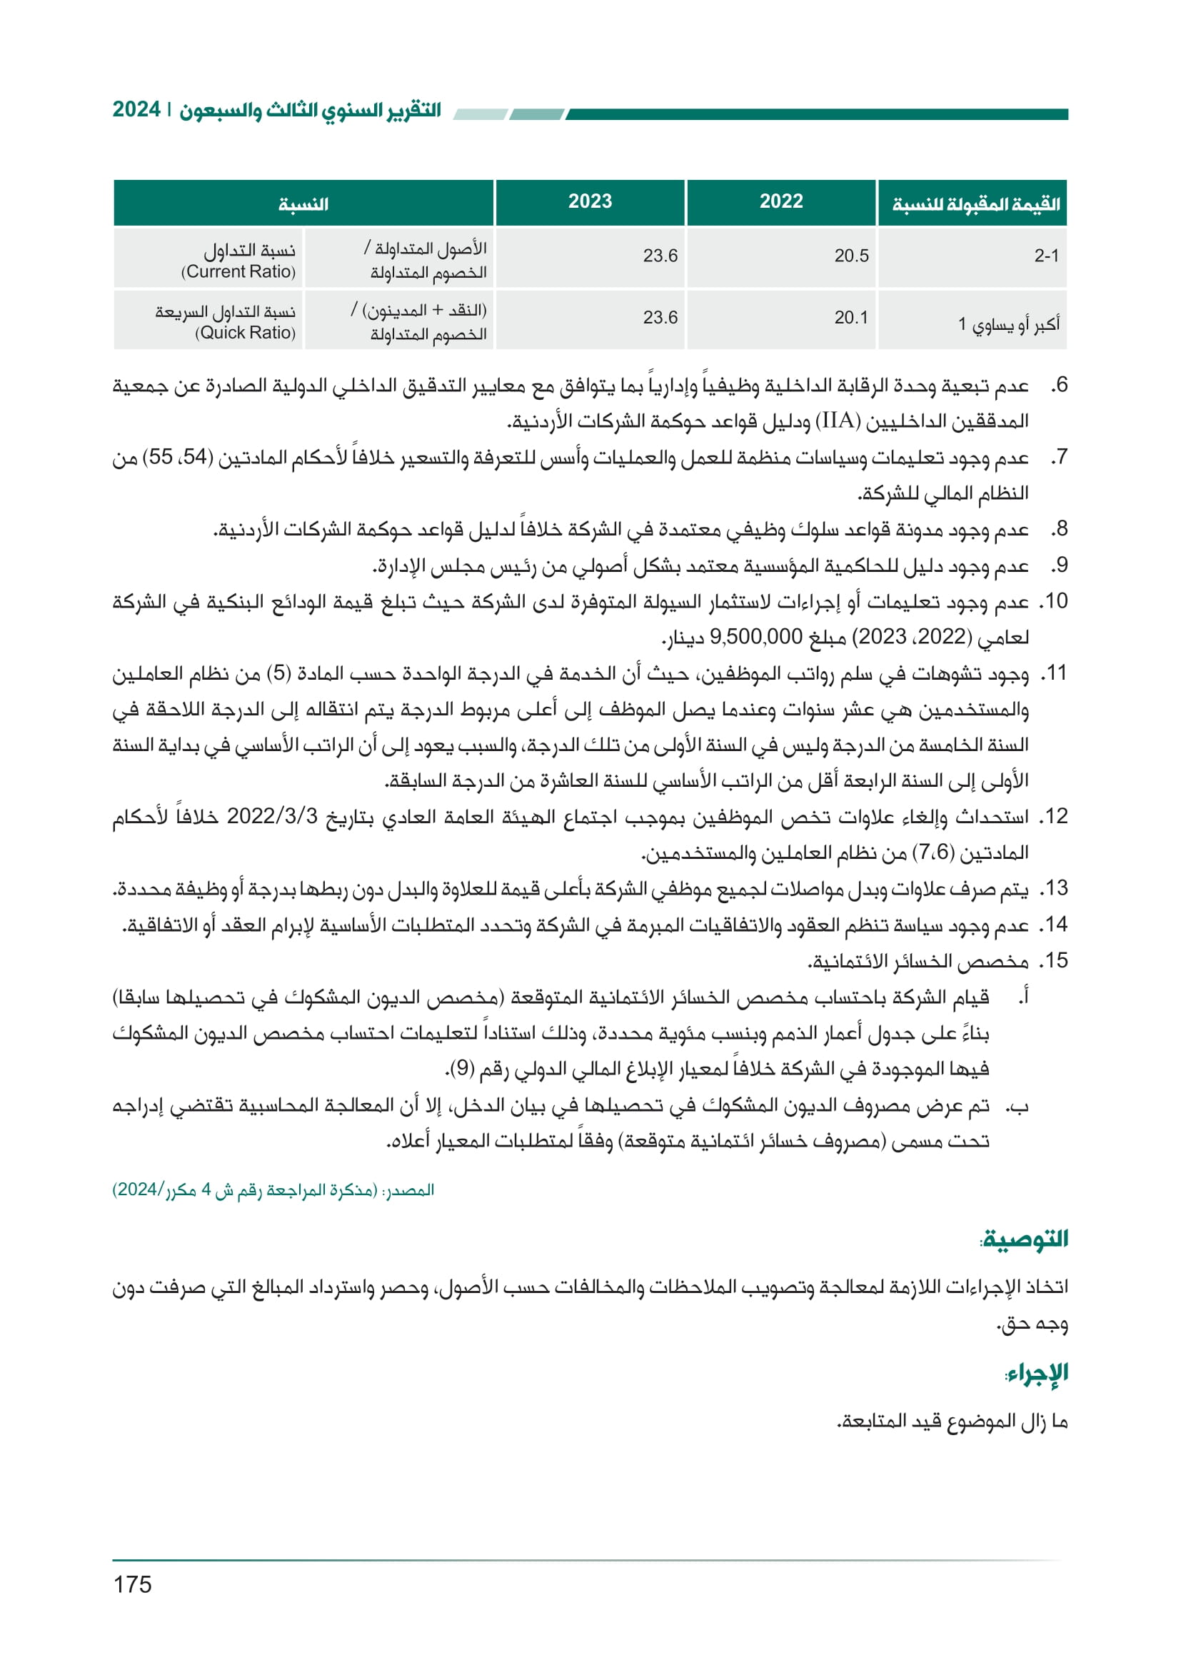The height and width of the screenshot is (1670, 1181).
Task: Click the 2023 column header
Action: pos(590,201)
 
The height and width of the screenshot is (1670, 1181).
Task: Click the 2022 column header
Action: pos(781,201)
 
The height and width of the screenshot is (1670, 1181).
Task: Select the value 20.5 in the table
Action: pos(851,256)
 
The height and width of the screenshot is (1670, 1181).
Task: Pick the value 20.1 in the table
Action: pos(851,318)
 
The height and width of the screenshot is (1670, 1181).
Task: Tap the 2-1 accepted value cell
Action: pos(1046,256)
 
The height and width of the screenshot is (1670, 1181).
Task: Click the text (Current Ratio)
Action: pos(238,272)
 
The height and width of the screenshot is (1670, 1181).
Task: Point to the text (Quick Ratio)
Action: pos(245,333)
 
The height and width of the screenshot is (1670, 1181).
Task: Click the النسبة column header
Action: pos(303,204)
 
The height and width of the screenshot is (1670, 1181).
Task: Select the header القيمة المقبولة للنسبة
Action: pos(975,204)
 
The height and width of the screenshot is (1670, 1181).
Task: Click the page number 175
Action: pos(132,1584)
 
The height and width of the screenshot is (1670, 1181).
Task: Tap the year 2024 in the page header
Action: pos(136,110)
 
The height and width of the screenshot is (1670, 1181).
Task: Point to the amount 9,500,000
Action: pos(755,637)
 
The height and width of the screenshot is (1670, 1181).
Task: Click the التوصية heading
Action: pos(1025,1239)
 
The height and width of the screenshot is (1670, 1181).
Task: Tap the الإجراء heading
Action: pos(1037,1373)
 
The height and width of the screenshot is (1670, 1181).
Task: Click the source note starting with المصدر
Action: pos(273,1190)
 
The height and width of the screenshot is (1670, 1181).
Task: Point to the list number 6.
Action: pos(1060,385)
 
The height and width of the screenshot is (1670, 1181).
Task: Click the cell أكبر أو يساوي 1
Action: pos(1008,323)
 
